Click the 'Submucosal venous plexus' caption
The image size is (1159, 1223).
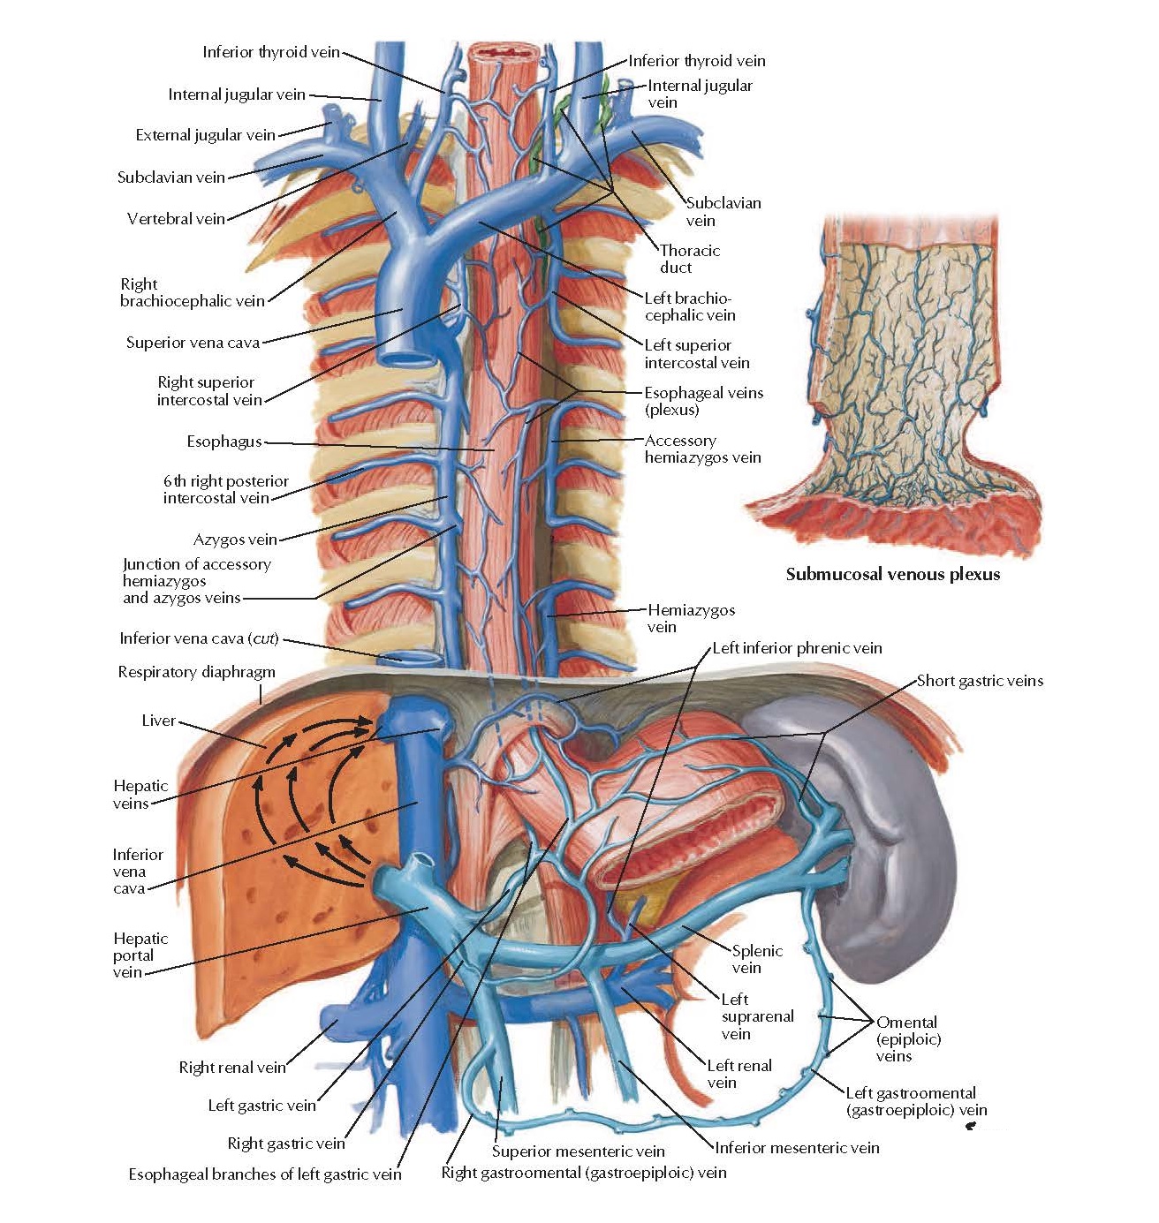[892, 575]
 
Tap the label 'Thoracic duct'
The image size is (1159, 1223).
[689, 259]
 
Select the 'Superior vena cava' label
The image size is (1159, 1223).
[193, 343]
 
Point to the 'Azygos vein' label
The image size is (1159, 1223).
[235, 540]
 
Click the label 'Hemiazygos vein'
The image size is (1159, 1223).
[690, 618]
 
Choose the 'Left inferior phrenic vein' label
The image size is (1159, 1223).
[797, 648]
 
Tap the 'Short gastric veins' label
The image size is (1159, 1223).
[980, 681]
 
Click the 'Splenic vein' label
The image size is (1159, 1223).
[756, 959]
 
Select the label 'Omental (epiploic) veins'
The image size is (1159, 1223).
[906, 1038]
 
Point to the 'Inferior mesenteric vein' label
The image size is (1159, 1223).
[797, 1148]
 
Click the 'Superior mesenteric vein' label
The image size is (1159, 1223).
[578, 1151]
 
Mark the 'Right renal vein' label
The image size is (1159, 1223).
[232, 1068]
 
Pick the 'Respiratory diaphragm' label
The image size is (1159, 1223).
[196, 672]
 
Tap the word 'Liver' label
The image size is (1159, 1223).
[158, 721]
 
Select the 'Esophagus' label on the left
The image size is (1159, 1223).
[224, 442]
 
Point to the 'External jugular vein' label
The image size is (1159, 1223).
[205, 135]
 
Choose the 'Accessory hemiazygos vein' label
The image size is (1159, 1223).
[702, 449]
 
